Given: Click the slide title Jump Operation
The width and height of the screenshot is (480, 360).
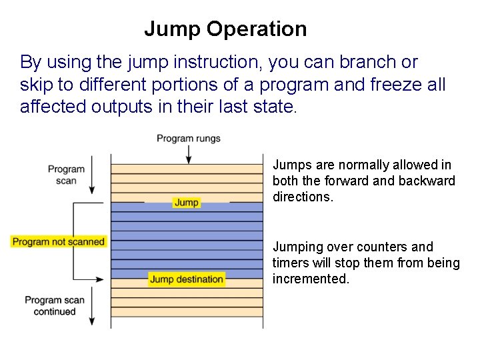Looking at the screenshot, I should [225, 29].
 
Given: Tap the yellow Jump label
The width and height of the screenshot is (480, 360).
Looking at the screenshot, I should [187, 202].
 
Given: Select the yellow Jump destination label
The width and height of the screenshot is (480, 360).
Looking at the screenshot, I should [187, 279].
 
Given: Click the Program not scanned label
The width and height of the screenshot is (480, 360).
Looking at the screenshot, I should [59, 241].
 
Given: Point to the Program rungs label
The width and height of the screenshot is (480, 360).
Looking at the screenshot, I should [189, 139].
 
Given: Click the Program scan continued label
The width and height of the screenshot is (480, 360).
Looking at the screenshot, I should [55, 305].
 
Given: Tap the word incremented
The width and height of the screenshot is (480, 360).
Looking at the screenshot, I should [310, 279].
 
